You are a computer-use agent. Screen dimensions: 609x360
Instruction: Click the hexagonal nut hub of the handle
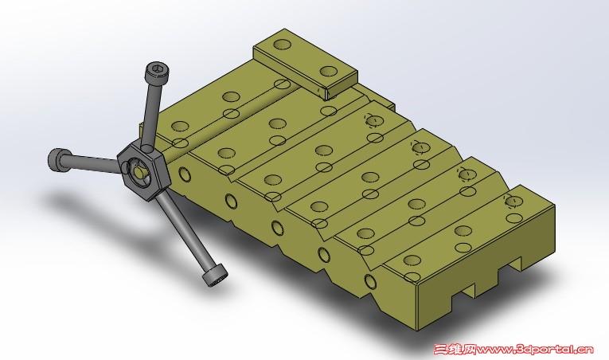143,171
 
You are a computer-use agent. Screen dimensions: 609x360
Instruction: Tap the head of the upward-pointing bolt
157,72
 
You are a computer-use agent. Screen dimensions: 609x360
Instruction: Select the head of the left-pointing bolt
59,159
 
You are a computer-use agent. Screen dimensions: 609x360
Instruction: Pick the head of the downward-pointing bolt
214,276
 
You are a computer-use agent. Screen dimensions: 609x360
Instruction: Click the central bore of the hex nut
139,171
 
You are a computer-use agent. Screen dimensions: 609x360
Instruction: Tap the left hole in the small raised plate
283,44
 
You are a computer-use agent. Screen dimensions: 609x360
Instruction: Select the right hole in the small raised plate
329,72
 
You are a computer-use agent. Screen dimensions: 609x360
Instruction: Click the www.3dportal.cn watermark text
535,349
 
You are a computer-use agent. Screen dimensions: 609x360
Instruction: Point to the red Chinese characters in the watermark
455,349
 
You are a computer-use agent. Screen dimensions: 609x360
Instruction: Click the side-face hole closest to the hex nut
184,174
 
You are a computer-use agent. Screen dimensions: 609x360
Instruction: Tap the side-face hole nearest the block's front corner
370,281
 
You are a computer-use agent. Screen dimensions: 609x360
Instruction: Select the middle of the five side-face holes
277,229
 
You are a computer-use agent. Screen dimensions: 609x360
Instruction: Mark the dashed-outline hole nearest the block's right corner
513,201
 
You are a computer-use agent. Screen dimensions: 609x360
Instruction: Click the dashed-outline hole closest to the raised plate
374,120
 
